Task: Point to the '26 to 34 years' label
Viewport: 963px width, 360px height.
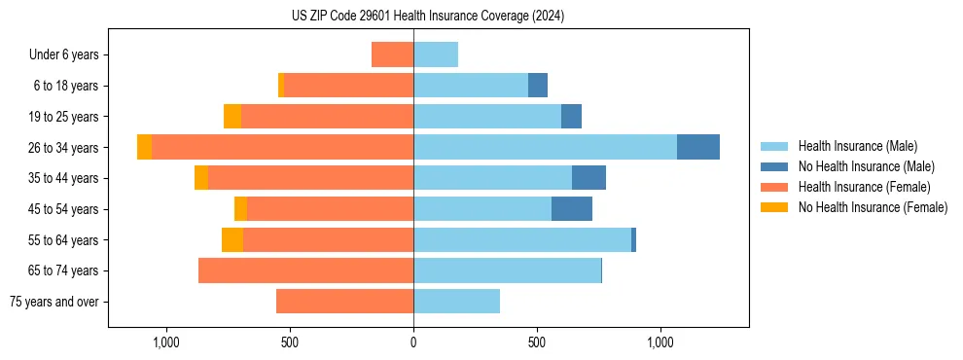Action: [x=64, y=148]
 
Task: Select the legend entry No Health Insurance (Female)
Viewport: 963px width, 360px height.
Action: [x=866, y=207]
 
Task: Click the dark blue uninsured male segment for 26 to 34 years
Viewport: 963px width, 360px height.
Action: [x=698, y=147]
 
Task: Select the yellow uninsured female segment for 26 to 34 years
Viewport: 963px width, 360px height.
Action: [x=144, y=147]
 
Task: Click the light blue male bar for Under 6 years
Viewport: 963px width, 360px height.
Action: [x=436, y=54]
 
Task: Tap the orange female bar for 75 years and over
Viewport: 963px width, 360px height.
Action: [x=344, y=302]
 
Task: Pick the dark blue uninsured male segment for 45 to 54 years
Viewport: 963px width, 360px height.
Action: [x=572, y=209]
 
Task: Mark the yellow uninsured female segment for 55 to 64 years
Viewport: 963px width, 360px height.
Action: [x=232, y=239]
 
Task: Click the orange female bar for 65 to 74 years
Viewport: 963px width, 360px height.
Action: [x=305, y=270]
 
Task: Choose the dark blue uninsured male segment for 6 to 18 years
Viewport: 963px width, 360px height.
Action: [x=538, y=86]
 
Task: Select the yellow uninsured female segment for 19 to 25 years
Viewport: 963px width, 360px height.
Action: [x=232, y=117]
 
